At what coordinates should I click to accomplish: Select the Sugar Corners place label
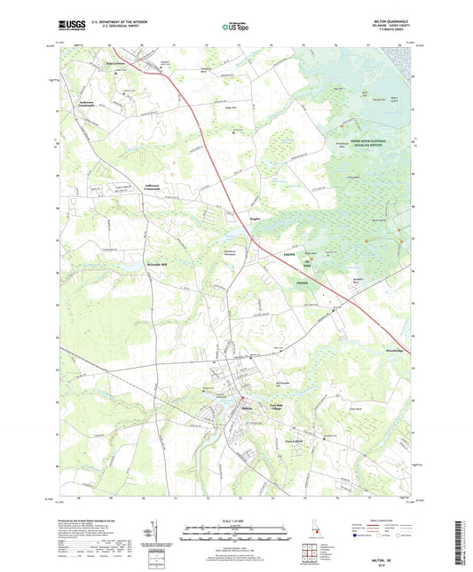click(x=117, y=64)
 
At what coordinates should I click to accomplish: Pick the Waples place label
click(x=251, y=214)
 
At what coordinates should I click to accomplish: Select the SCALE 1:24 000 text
click(x=235, y=519)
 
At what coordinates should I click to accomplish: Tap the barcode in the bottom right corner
click(x=461, y=542)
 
